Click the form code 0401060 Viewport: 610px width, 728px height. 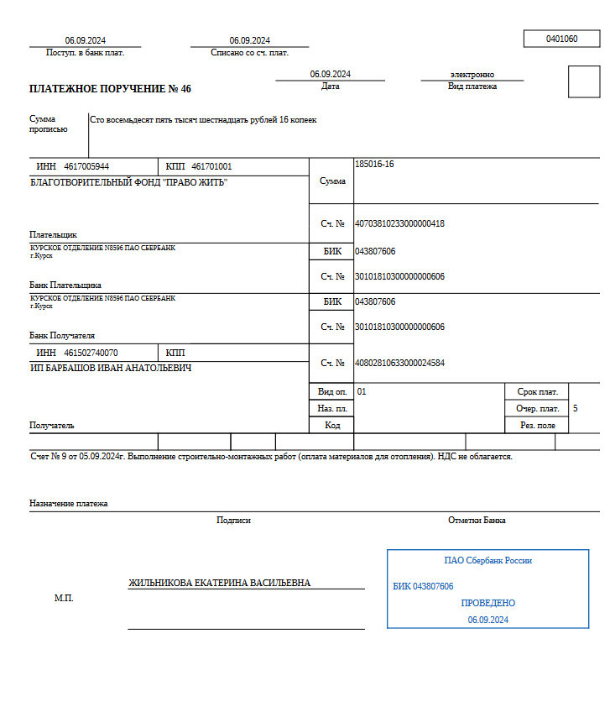click(x=561, y=39)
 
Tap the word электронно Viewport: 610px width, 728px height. click(x=472, y=75)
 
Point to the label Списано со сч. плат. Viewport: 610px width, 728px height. click(x=249, y=52)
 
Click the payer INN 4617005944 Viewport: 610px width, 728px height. click(x=86, y=166)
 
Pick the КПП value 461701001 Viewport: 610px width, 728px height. click(x=211, y=166)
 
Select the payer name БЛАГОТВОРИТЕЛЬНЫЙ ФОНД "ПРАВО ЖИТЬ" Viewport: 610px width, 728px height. click(x=128, y=182)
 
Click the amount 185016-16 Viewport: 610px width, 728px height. click(x=374, y=165)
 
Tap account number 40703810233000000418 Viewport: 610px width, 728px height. click(x=399, y=223)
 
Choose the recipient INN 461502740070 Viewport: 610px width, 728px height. click(x=91, y=353)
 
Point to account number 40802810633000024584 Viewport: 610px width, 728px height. click(x=399, y=363)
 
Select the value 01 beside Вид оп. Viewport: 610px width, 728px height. click(x=362, y=391)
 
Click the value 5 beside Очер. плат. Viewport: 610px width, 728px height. click(x=575, y=408)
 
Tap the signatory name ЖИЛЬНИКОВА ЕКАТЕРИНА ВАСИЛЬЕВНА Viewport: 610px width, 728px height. click(x=219, y=583)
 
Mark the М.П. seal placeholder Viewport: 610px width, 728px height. click(x=64, y=598)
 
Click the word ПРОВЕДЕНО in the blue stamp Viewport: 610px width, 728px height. click(x=487, y=603)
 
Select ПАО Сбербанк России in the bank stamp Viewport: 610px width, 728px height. click(x=487, y=561)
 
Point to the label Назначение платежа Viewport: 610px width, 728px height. click(x=68, y=504)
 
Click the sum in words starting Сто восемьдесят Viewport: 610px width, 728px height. click(x=203, y=120)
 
